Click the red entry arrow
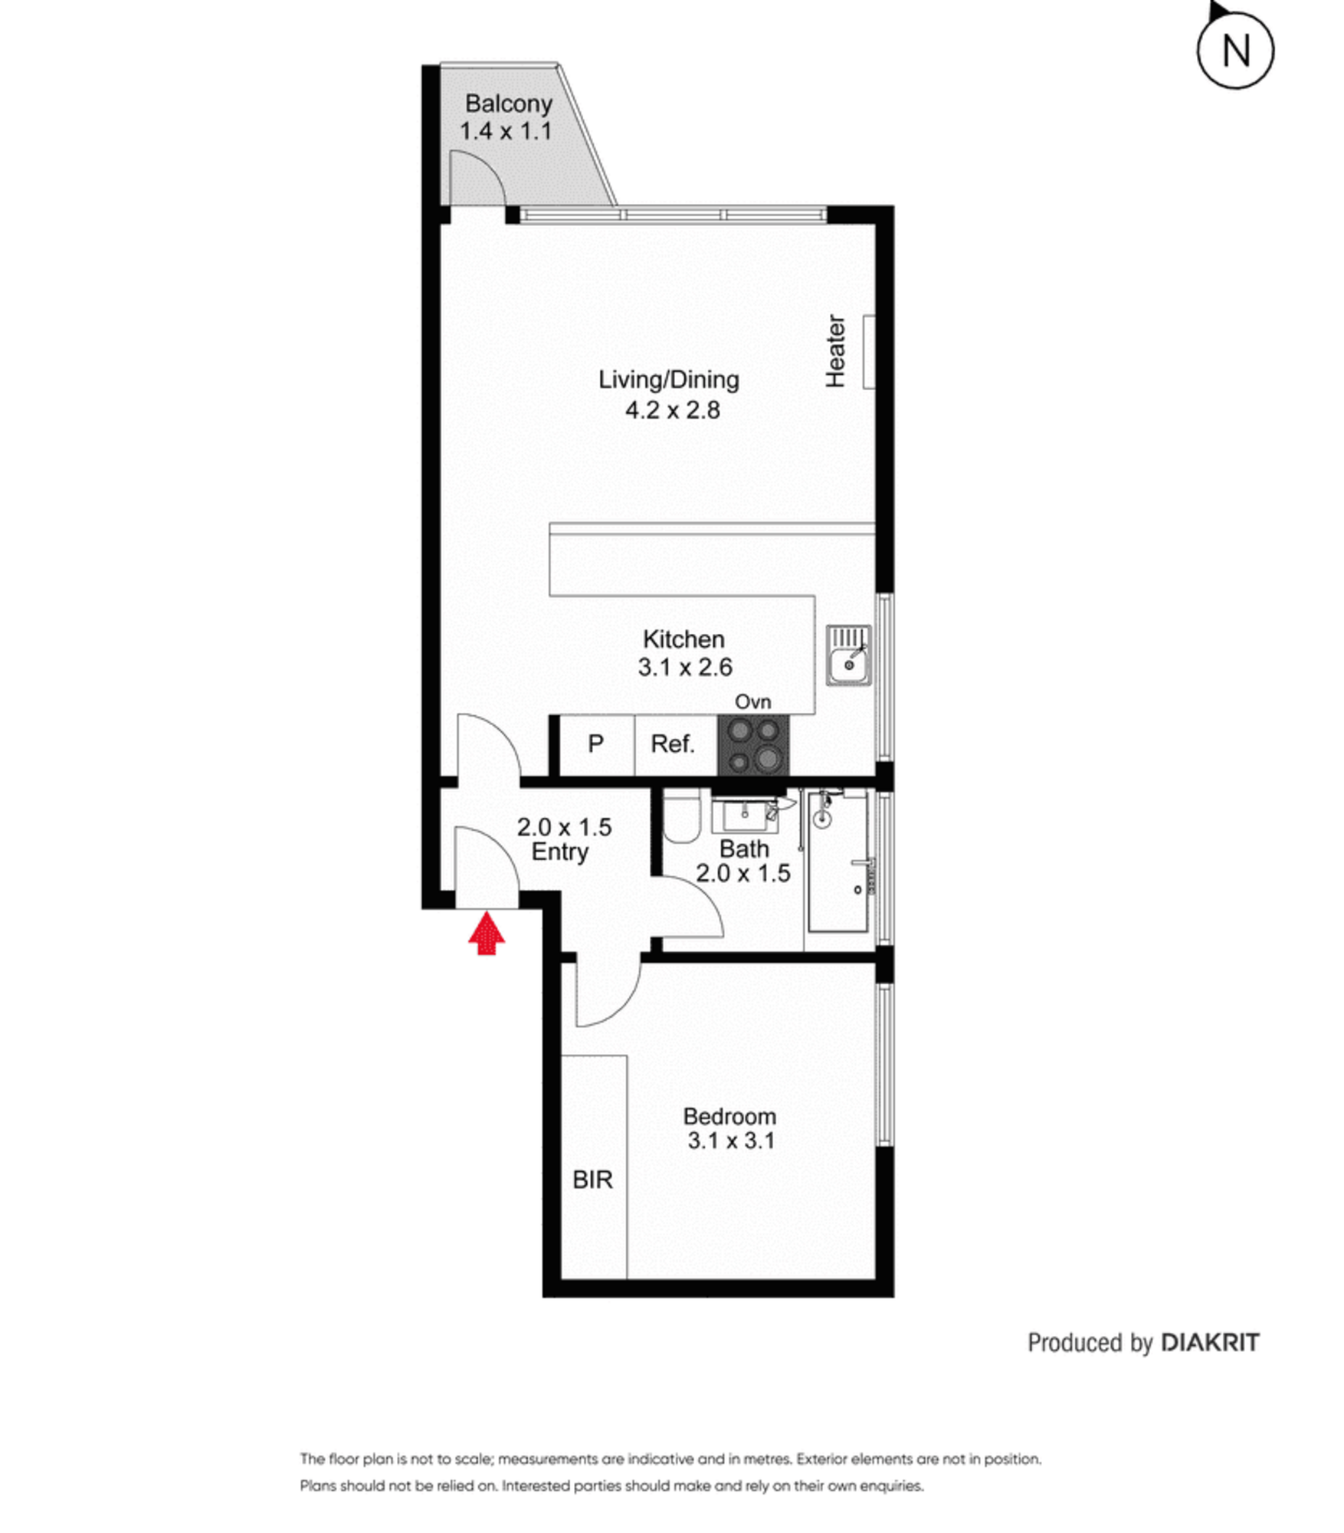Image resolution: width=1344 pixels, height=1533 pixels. click(487, 933)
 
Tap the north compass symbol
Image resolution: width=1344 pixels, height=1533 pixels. click(1234, 48)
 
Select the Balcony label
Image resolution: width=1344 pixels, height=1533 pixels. click(509, 103)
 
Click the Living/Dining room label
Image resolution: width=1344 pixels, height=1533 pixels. click(669, 379)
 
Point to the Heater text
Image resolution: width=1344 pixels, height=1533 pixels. click(835, 351)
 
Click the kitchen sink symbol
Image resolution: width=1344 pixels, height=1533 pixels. click(848, 655)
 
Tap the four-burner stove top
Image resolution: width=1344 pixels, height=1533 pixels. click(753, 744)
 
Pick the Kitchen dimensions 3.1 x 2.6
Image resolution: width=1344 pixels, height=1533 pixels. click(685, 668)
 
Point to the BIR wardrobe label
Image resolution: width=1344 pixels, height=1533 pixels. click(592, 1180)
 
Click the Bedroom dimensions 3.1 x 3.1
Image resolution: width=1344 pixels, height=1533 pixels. click(731, 1141)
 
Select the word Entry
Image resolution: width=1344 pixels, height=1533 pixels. click(560, 852)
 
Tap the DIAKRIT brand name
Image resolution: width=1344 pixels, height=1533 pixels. click(1211, 1343)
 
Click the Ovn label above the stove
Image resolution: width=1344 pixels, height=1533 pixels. click(753, 702)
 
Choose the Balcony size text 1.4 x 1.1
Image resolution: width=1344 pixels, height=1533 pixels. click(506, 131)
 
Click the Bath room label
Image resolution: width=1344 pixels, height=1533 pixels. click(744, 849)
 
